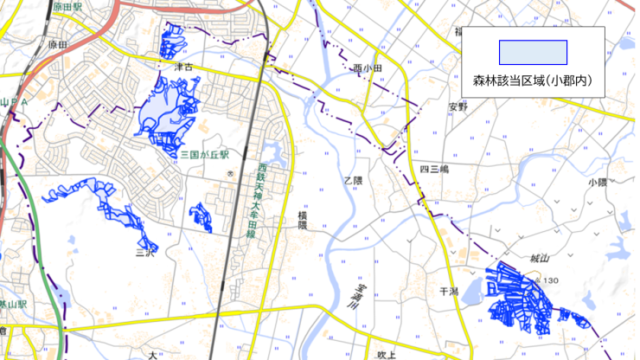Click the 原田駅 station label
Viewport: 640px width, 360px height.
(x=66, y=7)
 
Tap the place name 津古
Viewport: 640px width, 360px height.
(x=182, y=65)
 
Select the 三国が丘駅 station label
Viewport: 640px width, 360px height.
(x=204, y=154)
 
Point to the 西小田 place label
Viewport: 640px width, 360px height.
(x=368, y=68)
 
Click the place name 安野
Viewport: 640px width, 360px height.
(x=457, y=106)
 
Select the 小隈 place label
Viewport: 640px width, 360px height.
(x=597, y=183)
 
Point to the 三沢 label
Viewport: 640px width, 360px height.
(x=144, y=254)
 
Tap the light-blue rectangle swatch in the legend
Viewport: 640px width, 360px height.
(x=532, y=53)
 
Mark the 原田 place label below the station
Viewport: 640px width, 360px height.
(x=58, y=43)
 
